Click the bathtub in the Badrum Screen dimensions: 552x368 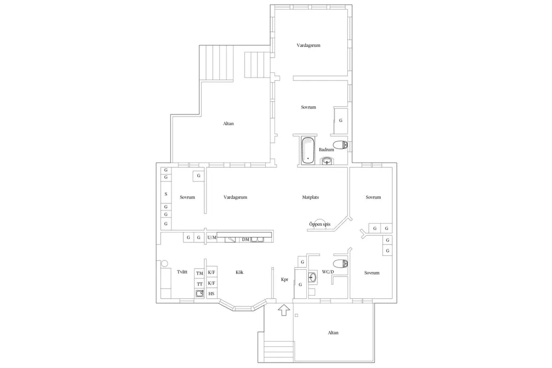[308, 151]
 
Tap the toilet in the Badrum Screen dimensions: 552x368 [340, 145]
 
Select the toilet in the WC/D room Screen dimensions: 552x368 [341, 263]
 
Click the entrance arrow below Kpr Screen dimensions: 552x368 [284, 310]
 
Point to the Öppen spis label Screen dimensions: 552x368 [320, 224]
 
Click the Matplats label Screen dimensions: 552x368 [310, 197]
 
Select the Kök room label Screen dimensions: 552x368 [239, 272]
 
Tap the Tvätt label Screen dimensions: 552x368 [182, 272]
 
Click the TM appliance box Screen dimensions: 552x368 [199, 273]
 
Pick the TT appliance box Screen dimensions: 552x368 [199, 284]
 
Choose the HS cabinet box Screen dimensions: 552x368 [211, 294]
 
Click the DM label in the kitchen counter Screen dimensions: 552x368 [245, 240]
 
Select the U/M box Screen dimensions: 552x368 [211, 237]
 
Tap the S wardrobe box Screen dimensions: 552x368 [166, 194]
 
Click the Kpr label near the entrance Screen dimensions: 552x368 [285, 280]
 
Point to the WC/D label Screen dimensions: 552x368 [328, 272]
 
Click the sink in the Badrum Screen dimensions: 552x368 [327, 161]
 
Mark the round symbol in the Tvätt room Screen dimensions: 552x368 [164, 263]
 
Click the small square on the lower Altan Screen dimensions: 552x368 [296, 316]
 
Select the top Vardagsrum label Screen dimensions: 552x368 [308, 45]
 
